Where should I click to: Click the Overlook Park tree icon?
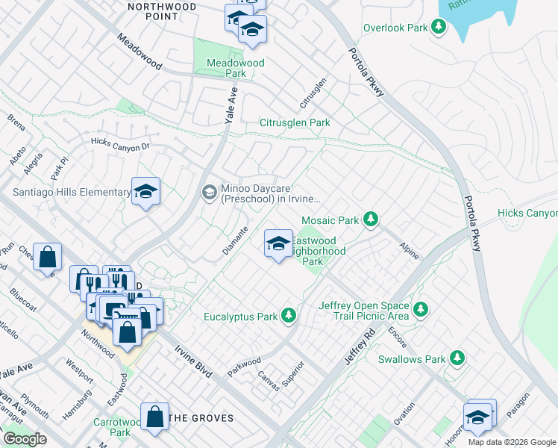439,28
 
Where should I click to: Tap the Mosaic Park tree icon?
370,220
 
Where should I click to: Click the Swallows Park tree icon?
457,359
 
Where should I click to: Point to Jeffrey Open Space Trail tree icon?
421,308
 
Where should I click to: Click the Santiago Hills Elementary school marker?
146,192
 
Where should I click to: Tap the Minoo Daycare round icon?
210,193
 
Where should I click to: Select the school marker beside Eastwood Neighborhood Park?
278,243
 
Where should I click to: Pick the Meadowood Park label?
236,69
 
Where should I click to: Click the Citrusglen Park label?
295,122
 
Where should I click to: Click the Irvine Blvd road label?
193,361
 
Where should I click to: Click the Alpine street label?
408,250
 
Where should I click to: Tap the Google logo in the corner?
24,439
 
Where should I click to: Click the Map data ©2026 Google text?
512,442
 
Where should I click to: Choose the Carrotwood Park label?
110,426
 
